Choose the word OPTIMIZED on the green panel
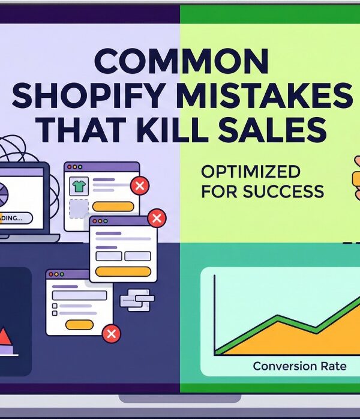pyautogui.click(x=251, y=172)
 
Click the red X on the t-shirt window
pyautogui.click(x=140, y=185)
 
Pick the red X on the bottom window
pyautogui.click(x=111, y=334)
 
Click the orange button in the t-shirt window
pyautogui.click(x=114, y=206)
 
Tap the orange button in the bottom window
pyautogui.click(x=79, y=325)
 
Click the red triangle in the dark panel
pyautogui.click(x=5, y=338)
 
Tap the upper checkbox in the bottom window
pyautogui.click(x=55, y=306)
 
